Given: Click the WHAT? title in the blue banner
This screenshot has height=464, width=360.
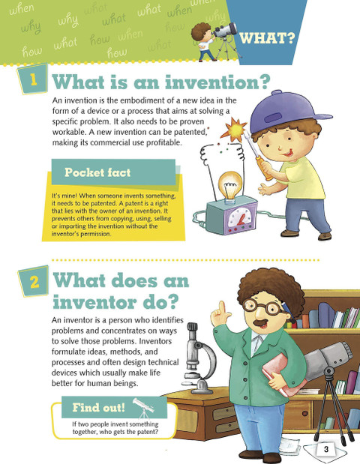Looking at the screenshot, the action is tap(267, 38).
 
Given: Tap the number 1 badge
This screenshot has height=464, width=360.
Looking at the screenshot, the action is tap(33, 79).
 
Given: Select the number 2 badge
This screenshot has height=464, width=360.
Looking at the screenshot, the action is tap(34, 281).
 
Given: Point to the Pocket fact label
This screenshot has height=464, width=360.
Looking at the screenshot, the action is tap(97, 172).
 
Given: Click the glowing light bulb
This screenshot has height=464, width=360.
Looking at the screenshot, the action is tap(230, 187).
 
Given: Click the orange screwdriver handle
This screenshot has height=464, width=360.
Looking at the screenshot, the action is tap(264, 168).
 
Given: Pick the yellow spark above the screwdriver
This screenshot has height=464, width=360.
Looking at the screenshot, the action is tap(234, 130).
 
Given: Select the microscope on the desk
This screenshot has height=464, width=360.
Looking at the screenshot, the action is tap(199, 358).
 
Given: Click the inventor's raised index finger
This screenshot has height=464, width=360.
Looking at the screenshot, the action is tap(221, 308).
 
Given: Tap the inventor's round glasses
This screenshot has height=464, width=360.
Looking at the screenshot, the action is tap(264, 307).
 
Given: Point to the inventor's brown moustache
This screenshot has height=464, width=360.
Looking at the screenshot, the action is tap(261, 322).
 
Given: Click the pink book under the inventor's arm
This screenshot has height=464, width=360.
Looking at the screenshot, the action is tap(281, 374).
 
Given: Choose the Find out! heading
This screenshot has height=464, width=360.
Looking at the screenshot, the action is tap(99, 408).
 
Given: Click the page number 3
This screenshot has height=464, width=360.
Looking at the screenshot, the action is tap(326, 449).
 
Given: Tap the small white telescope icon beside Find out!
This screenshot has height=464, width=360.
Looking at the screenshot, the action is tap(144, 408).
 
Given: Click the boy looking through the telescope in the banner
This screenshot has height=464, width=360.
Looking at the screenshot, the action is tap(204, 41).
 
